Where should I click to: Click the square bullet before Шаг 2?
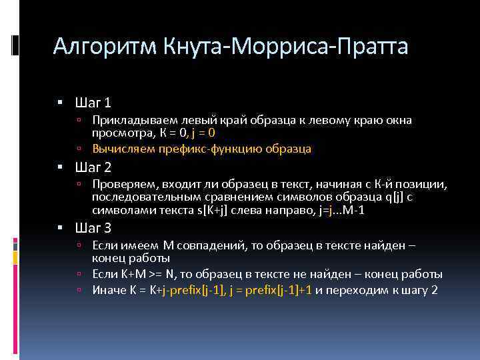pyautogui.click(x=60, y=167)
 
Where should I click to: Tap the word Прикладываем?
pyautogui.click(x=131, y=121)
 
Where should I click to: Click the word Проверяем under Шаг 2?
pyautogui.click(x=121, y=183)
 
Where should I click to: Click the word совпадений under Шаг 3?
pyautogui.click(x=212, y=246)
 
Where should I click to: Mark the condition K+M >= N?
pyautogui.click(x=142, y=274)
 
